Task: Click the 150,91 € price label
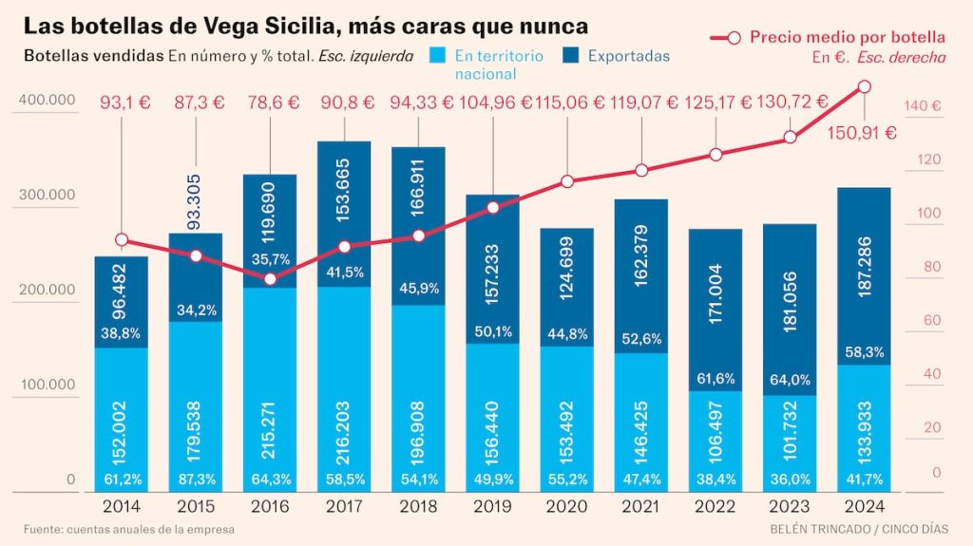(863, 133)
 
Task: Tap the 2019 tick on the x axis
(492, 506)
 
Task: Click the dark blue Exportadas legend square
(572, 56)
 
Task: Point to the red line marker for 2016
(270, 279)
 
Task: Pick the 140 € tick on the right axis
(923, 106)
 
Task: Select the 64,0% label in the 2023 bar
(790, 380)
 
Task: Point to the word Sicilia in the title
(257, 25)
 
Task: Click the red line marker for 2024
(864, 86)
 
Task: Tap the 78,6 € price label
(270, 102)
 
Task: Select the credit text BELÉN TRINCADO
(810, 529)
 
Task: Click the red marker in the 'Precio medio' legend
(732, 38)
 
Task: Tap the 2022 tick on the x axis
(715, 506)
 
